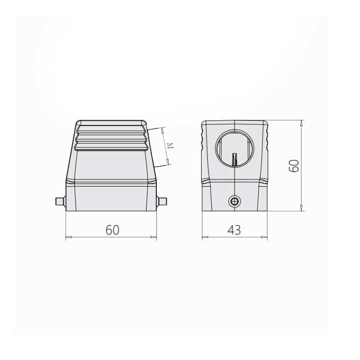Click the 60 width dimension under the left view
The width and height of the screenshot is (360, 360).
tap(113, 230)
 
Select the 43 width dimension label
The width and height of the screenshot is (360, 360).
tap(234, 230)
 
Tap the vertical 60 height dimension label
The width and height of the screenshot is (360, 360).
tap(294, 166)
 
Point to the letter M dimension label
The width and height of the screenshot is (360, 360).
tap(170, 146)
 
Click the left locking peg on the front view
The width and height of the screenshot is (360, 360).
tap(61, 202)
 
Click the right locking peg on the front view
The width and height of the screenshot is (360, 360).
tap(161, 202)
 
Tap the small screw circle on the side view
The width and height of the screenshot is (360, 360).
tap(235, 202)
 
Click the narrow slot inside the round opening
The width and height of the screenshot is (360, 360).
tap(235, 159)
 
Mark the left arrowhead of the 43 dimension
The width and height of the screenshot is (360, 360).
tap(205, 237)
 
